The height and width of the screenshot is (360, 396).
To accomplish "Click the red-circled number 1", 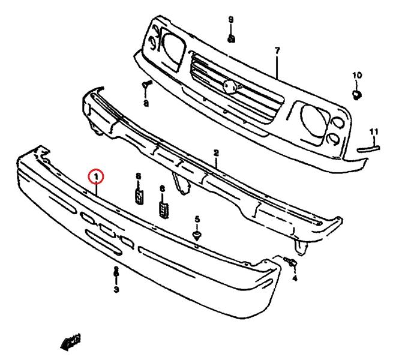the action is (96, 177).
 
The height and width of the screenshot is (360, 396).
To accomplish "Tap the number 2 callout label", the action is (216, 153).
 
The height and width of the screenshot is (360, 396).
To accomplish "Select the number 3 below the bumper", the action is (116, 289).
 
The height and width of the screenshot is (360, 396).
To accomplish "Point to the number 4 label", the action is (295, 278).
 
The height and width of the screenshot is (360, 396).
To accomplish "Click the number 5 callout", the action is (197, 219).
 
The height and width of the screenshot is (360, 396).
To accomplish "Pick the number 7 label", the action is (277, 51).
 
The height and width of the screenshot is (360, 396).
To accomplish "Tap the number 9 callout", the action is (231, 20).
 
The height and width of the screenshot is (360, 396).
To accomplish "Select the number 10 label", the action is (357, 75).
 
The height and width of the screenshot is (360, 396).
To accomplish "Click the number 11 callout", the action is (374, 132).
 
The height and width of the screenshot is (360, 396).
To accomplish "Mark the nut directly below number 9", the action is (232, 39).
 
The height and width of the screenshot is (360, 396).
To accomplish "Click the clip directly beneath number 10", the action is (356, 95).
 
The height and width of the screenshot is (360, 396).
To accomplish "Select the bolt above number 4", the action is (290, 261).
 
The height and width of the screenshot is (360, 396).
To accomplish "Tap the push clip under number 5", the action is (197, 235).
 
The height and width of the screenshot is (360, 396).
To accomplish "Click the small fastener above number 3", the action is (116, 271).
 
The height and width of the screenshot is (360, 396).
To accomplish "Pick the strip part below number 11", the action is (368, 149).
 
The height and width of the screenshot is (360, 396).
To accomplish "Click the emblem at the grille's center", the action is (230, 87).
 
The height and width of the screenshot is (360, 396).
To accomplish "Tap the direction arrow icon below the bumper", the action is (71, 342).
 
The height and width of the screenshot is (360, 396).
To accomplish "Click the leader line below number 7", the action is (277, 67).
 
